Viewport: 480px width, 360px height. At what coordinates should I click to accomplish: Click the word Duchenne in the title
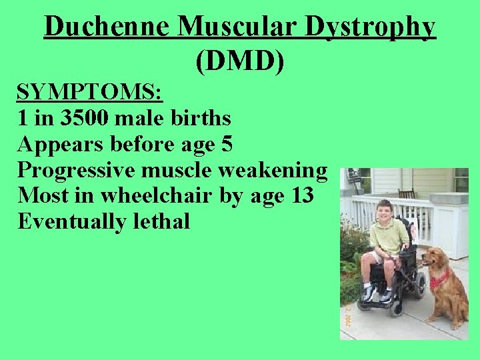click(x=107, y=27)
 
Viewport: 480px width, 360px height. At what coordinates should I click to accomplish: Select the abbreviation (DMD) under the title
click(x=240, y=61)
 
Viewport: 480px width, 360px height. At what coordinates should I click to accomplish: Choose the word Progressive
click(x=76, y=171)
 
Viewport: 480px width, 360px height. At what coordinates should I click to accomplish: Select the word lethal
click(x=160, y=221)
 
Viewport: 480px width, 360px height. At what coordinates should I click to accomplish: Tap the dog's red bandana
click(x=438, y=279)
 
